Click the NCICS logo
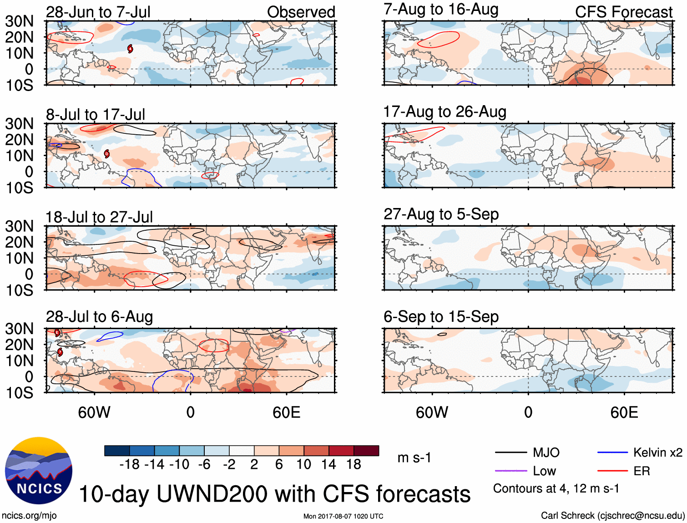pos(39,471)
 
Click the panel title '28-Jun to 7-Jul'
pos(98,12)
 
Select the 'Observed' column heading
pos(301,12)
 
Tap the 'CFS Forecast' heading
pos(623,12)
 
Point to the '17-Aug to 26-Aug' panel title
pos(445,112)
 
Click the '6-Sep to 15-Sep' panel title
pos(441,316)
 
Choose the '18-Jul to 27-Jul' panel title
pos(99,217)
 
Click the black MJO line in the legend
pos(511,452)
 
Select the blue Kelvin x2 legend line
pos(612,452)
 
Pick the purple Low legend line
pos(511,471)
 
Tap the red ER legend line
pos(612,471)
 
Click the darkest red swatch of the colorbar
pos(366,451)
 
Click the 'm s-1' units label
pos(414,457)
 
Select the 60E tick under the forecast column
pos(624,412)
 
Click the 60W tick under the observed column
pos(94,412)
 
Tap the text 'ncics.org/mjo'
pos(29,515)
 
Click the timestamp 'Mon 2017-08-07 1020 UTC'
pos(343,516)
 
